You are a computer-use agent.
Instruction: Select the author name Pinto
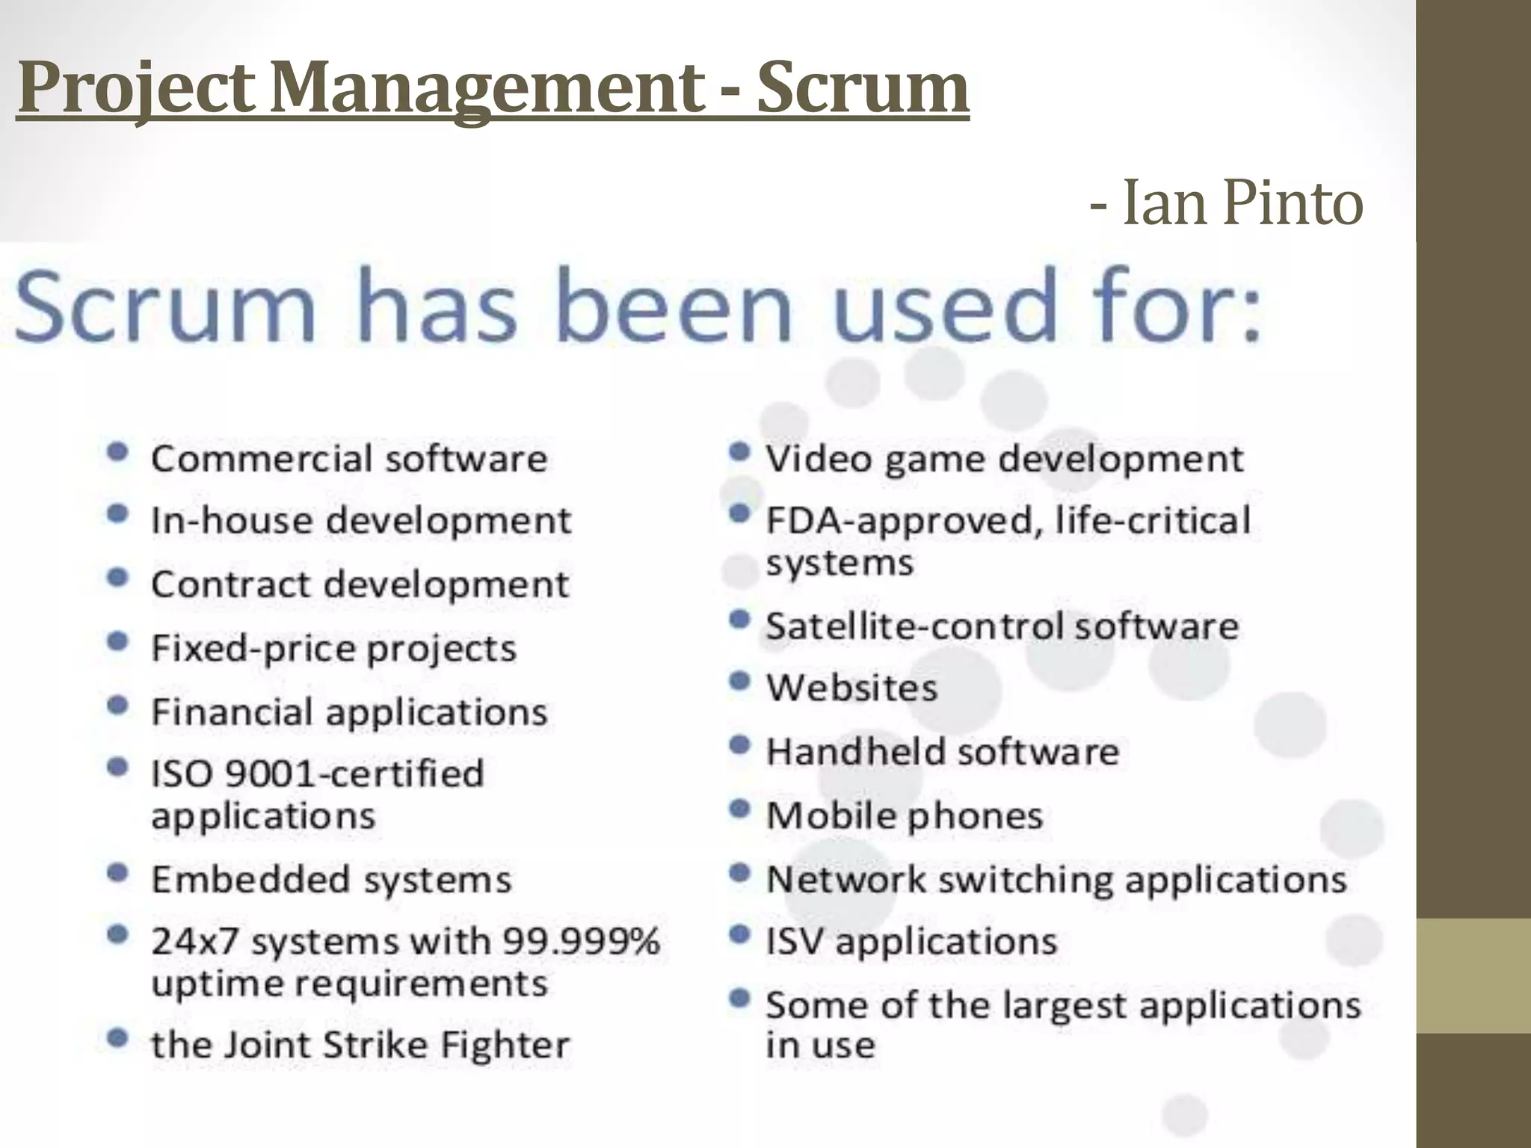click(1293, 203)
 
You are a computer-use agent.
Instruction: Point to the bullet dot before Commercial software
click(117, 451)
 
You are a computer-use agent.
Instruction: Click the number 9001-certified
click(354, 774)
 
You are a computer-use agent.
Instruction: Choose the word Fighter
click(505, 1045)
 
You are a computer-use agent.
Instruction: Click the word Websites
click(851, 688)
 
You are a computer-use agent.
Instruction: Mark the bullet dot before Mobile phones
click(739, 809)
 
